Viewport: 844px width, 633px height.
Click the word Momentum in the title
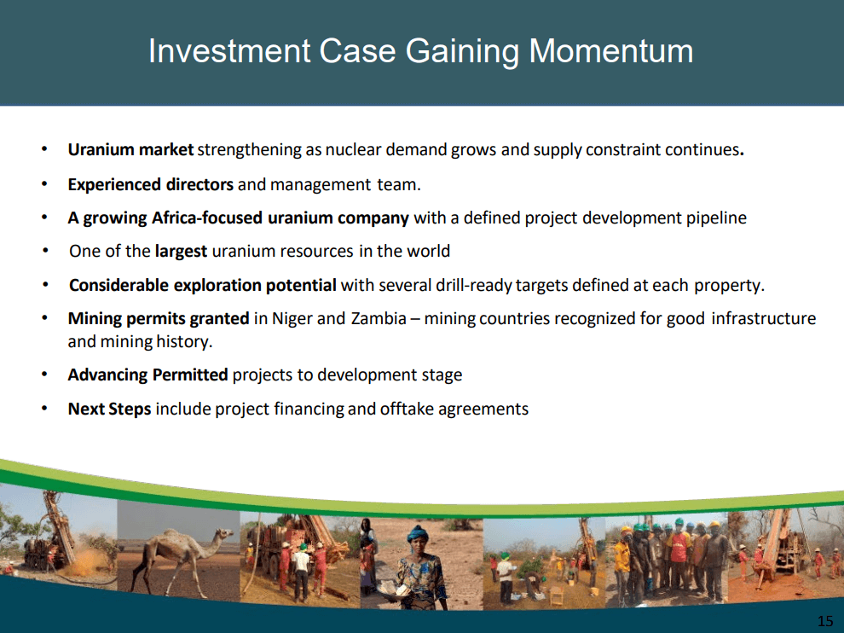(x=610, y=51)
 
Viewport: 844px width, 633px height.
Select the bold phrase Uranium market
(x=130, y=150)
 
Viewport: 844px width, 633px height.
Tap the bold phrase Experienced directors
(x=150, y=184)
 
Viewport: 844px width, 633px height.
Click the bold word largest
(x=181, y=251)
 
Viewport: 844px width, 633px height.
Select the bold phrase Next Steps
(x=109, y=409)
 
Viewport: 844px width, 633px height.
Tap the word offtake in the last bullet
(x=407, y=409)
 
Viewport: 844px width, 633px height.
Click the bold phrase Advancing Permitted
(x=147, y=375)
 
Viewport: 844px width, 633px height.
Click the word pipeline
(x=716, y=218)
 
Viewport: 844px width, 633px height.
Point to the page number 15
(x=824, y=619)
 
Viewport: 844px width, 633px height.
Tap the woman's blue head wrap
(x=417, y=535)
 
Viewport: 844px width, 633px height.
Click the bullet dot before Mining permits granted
(x=44, y=319)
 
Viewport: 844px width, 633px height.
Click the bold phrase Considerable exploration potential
(x=203, y=285)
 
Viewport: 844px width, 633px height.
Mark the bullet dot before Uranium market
(x=44, y=150)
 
